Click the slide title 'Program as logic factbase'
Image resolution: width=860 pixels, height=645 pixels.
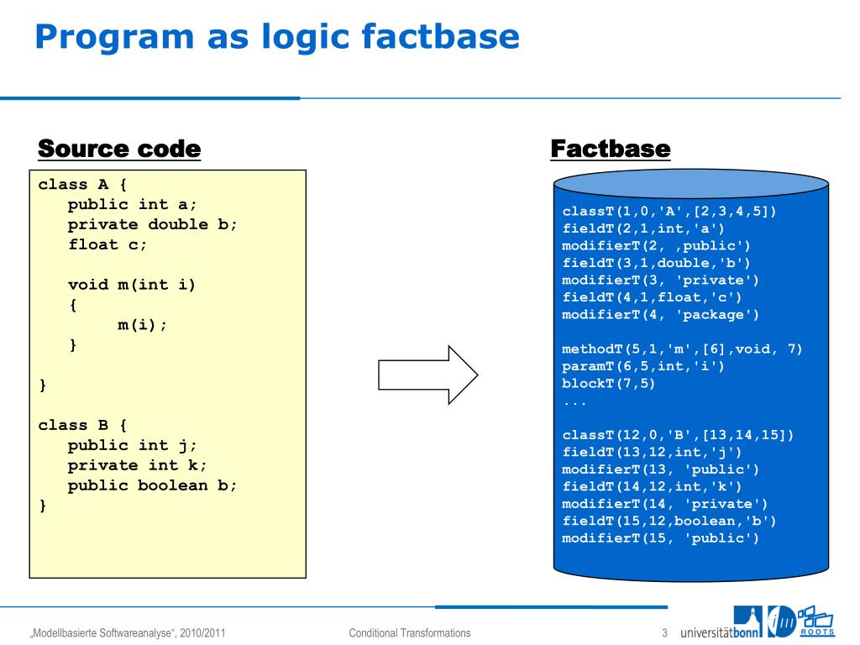277,37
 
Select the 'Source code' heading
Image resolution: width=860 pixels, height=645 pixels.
119,149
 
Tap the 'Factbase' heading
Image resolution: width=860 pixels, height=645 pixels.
610,149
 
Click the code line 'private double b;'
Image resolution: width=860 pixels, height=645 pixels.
153,224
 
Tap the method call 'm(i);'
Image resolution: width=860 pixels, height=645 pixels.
143,325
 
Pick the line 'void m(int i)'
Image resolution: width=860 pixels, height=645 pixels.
132,285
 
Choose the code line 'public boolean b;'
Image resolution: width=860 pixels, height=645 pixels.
153,485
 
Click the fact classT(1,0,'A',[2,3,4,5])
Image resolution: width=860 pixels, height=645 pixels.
669,211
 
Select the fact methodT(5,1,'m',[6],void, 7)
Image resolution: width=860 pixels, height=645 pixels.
682,349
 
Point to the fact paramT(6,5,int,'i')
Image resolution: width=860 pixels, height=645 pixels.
642,366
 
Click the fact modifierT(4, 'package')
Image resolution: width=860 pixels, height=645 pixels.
660,314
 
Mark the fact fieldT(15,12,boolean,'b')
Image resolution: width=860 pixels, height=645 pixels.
669,521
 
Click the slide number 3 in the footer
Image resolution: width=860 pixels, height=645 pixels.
663,633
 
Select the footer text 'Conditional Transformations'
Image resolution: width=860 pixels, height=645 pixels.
410,633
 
